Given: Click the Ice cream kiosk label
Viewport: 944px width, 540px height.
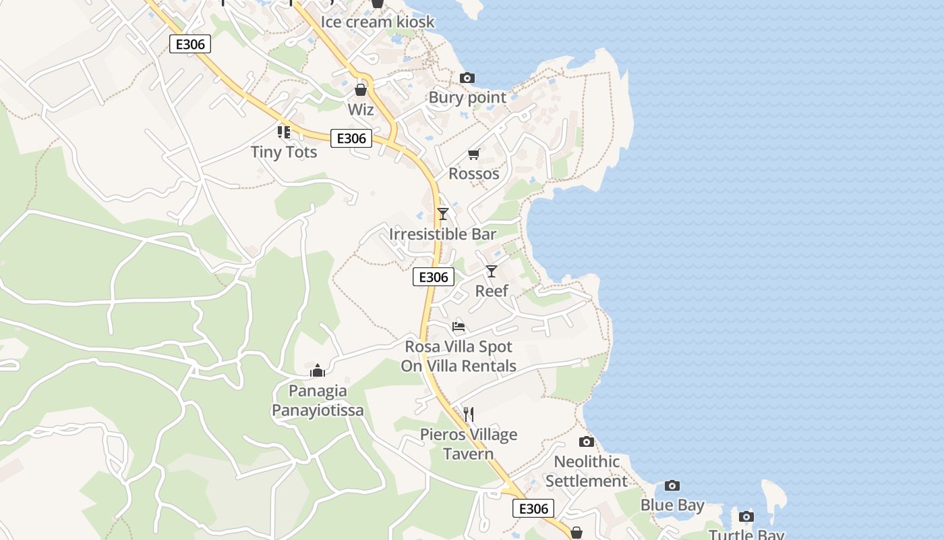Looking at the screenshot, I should tap(377, 22).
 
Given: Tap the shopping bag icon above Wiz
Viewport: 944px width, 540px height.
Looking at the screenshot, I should tap(361, 89).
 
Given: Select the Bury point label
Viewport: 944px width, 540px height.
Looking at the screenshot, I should tap(467, 98).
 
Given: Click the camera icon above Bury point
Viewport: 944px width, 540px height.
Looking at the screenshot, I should tap(467, 78).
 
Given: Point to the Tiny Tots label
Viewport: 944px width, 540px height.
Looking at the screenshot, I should tap(284, 152).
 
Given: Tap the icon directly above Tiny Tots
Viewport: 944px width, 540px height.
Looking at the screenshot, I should tap(284, 132).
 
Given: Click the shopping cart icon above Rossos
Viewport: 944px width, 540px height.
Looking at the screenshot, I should tap(474, 155).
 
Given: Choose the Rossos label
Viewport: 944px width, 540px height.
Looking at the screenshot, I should tap(474, 173).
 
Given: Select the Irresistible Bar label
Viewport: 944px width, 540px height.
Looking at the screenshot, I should tap(442, 234).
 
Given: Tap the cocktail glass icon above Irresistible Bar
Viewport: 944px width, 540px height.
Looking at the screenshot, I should tap(443, 214).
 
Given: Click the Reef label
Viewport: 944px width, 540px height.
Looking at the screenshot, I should tap(492, 291).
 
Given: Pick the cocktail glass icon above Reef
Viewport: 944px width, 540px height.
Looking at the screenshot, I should tap(492, 271).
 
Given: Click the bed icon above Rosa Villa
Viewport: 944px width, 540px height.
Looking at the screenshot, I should tap(459, 327).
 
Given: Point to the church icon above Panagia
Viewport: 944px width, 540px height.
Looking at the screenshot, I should tap(318, 371).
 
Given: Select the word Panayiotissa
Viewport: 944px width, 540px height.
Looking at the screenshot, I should tap(318, 410).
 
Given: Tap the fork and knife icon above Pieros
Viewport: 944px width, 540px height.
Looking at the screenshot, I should tap(469, 414).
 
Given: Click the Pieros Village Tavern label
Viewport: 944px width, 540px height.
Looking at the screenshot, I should tap(469, 444).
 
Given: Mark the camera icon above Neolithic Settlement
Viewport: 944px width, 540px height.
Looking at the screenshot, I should tap(587, 442).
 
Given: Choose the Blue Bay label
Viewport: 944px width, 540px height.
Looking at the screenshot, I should tap(672, 505).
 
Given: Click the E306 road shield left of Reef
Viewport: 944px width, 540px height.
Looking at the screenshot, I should tap(434, 277).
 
